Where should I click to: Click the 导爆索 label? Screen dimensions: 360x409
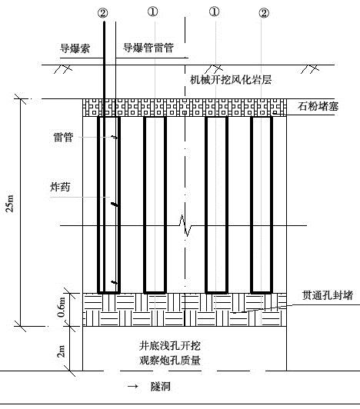click(x=75, y=48)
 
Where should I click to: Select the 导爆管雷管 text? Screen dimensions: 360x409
click(x=148, y=48)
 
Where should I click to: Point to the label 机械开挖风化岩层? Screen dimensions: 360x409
click(x=231, y=79)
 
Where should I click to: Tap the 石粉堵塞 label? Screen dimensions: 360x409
click(x=318, y=106)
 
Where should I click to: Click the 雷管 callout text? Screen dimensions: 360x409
click(x=63, y=137)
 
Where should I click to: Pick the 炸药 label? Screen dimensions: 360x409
click(x=60, y=187)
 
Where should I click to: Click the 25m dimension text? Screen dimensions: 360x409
click(x=10, y=203)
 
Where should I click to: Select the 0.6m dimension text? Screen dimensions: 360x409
click(x=61, y=307)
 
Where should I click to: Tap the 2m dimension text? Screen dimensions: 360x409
click(x=61, y=351)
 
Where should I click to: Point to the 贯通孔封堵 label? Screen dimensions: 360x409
click(x=328, y=295)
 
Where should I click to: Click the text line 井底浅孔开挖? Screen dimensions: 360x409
click(x=170, y=346)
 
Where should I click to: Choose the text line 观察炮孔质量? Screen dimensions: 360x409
click(x=170, y=361)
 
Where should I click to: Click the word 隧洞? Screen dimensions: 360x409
click(x=161, y=386)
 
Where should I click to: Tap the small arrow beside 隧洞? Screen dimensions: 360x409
click(x=132, y=386)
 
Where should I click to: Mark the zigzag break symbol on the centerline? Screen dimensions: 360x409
click(x=185, y=225)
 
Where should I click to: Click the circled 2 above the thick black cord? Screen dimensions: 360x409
click(x=102, y=13)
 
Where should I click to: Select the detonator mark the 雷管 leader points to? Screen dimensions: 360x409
click(x=115, y=137)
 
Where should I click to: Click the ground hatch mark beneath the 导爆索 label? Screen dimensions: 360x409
click(x=62, y=69)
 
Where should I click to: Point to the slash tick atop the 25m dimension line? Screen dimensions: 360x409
click(x=20, y=99)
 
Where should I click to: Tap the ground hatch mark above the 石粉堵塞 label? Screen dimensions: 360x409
click(x=310, y=69)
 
